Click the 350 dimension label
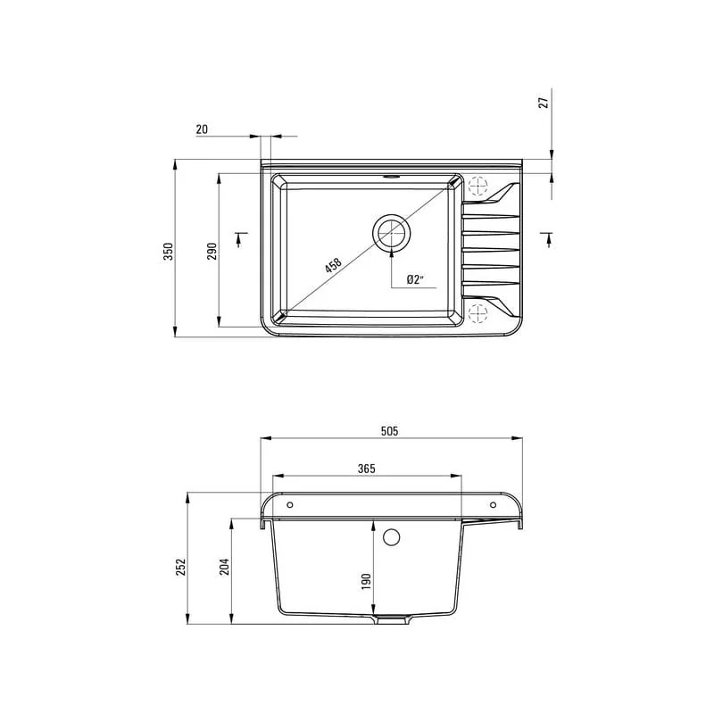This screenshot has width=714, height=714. point(169,252)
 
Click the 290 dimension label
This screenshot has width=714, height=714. point(212,252)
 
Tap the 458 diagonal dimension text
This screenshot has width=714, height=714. point(333,265)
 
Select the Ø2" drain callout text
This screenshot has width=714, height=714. point(414,279)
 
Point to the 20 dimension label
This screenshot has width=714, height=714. point(202,129)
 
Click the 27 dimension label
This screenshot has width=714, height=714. point(544,103)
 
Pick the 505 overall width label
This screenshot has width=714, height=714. point(390,431)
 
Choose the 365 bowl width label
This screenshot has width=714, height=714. point(366,469)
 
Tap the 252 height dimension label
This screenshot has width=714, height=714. point(181,567)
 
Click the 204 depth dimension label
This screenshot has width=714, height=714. point(225,567)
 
